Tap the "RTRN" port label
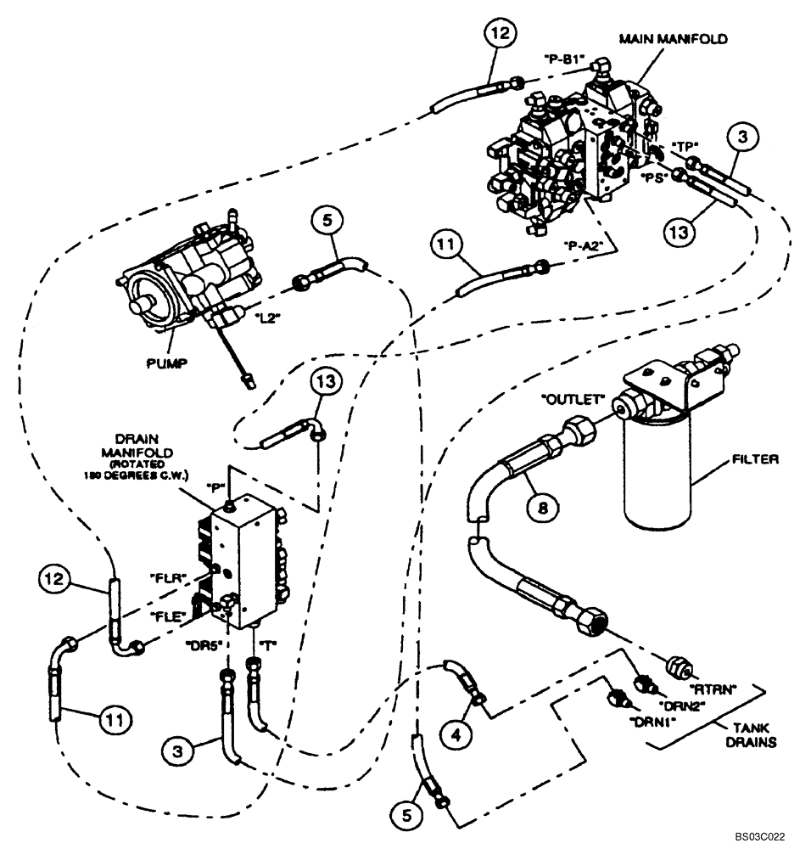click(710, 688)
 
